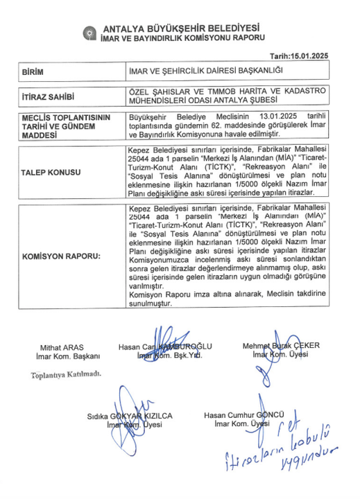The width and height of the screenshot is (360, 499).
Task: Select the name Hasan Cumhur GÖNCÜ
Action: tap(244, 415)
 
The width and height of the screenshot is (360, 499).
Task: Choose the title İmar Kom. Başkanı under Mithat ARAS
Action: tap(60, 356)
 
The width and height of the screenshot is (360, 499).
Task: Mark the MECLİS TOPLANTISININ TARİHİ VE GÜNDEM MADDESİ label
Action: tap(62, 128)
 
